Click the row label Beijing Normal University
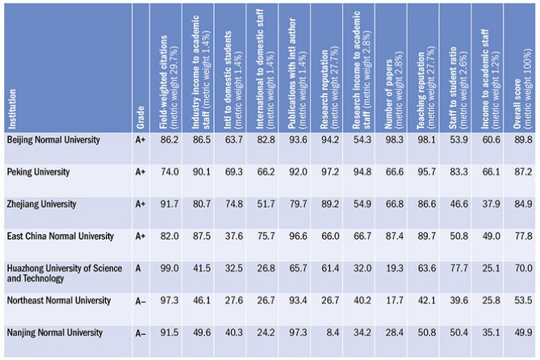[53, 140]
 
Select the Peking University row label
[38, 172]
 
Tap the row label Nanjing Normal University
[54, 333]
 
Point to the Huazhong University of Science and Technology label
[63, 273]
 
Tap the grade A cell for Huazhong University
[138, 268]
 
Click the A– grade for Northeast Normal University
[140, 301]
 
